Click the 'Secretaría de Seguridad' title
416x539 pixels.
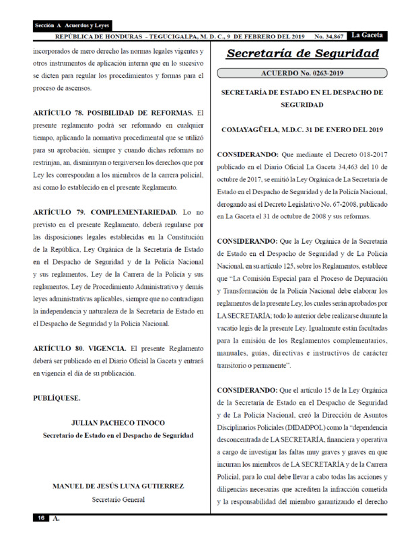click(x=302, y=54)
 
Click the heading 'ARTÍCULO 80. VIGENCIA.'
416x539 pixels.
click(x=79, y=348)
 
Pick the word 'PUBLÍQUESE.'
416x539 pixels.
click(x=57, y=398)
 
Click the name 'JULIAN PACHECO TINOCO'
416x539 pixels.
click(x=118, y=423)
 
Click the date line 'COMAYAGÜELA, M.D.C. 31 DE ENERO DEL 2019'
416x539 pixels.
click(x=302, y=129)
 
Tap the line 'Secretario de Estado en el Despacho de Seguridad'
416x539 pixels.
click(x=118, y=435)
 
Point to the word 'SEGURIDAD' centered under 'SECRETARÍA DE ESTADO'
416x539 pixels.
click(x=302, y=105)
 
